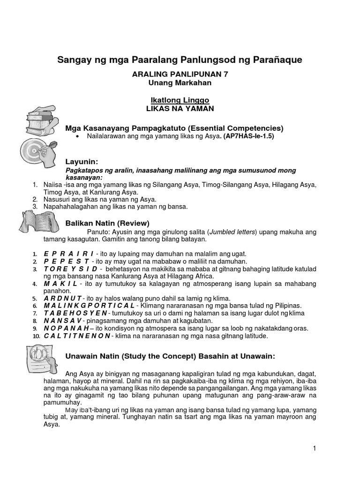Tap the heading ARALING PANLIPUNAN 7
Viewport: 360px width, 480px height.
pyautogui.click(x=180, y=74)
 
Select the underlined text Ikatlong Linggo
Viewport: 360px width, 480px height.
pyautogui.click(x=180, y=100)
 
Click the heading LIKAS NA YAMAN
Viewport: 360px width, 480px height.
pyautogui.click(x=180, y=109)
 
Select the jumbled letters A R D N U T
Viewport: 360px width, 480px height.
pyautogui.click(x=63, y=298)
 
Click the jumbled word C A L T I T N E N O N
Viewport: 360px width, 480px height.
pyautogui.click(x=77, y=336)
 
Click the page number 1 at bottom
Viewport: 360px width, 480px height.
pyautogui.click(x=315, y=449)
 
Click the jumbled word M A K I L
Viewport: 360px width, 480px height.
pyautogui.click(x=60, y=284)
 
